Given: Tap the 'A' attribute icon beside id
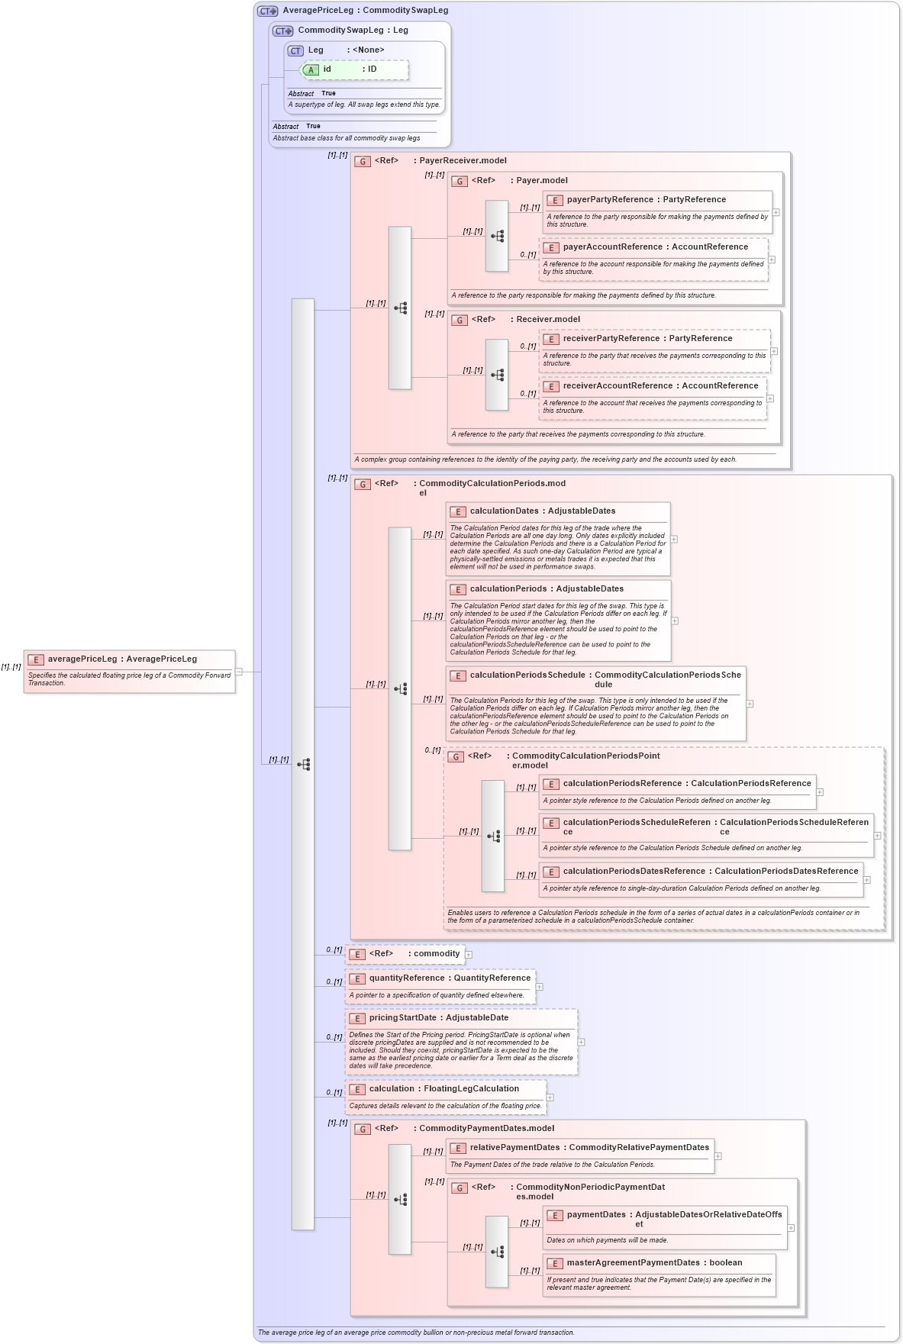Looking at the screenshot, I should tap(311, 69).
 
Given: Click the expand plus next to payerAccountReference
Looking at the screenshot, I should tap(772, 259).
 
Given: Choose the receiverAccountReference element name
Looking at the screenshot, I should tap(618, 385).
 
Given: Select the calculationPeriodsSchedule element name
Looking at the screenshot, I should tap(527, 675).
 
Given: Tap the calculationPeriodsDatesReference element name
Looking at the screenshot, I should tap(634, 871).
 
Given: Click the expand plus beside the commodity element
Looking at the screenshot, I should tap(469, 954).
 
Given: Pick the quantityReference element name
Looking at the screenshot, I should tap(406, 978).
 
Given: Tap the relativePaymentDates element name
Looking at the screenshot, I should tap(514, 1147).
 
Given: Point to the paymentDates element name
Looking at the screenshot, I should tap(595, 1214).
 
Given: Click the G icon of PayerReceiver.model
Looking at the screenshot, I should tap(363, 161).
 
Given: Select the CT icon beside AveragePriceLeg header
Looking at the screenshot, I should tap(267, 11).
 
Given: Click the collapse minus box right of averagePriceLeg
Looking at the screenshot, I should tap(239, 672).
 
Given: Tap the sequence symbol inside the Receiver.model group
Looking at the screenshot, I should tap(497, 375).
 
